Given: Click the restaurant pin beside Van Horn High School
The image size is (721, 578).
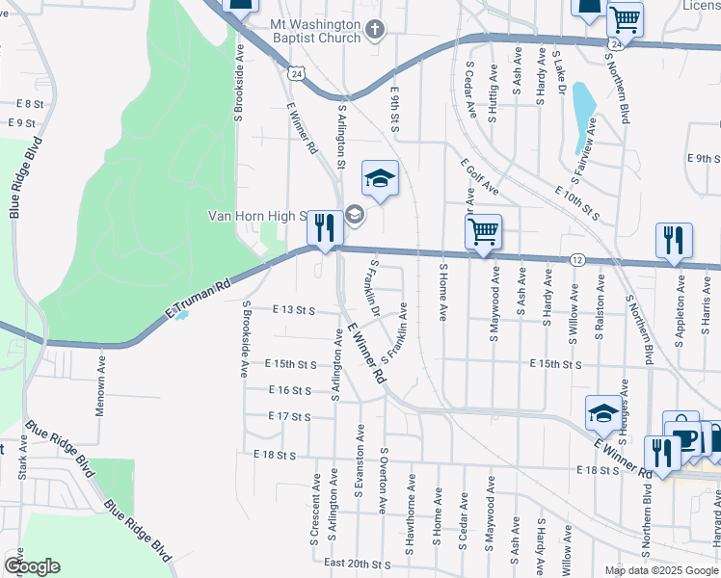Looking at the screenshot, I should [x=325, y=228].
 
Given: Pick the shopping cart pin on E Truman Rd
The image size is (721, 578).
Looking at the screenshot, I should [x=483, y=231].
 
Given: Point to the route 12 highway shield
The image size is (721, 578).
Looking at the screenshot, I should [x=576, y=260].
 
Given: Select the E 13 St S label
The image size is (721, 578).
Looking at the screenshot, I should [x=294, y=310].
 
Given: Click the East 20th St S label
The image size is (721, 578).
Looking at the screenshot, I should [x=358, y=564].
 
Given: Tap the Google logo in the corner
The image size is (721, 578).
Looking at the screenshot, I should [x=31, y=566].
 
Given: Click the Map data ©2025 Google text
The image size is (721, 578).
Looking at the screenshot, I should [x=662, y=570].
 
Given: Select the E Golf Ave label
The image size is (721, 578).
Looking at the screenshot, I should [x=479, y=175].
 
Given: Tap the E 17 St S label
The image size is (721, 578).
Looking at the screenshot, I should [x=290, y=417].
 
